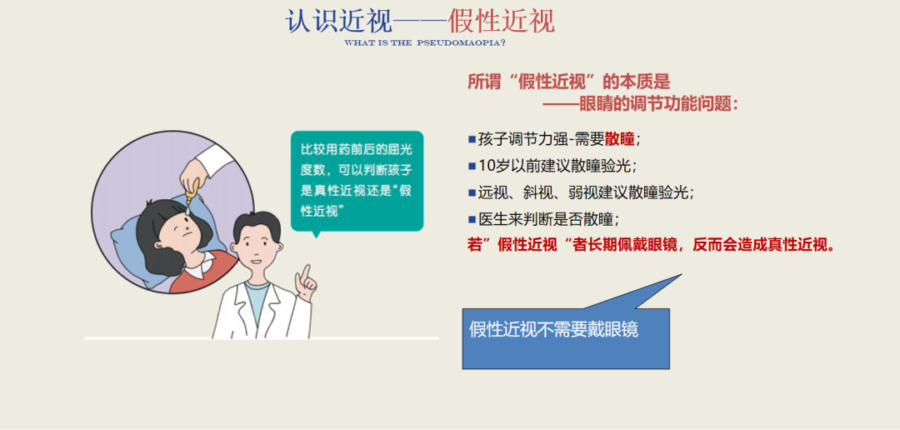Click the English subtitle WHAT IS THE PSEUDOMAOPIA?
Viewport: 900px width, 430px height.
425,42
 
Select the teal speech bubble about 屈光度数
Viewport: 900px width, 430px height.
357,180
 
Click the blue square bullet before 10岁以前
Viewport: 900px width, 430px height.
472,165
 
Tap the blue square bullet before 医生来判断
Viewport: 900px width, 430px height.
472,218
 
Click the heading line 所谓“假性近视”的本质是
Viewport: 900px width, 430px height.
568,82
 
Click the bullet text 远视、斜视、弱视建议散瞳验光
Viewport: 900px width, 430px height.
586,192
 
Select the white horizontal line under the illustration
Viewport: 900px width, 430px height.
261,338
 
